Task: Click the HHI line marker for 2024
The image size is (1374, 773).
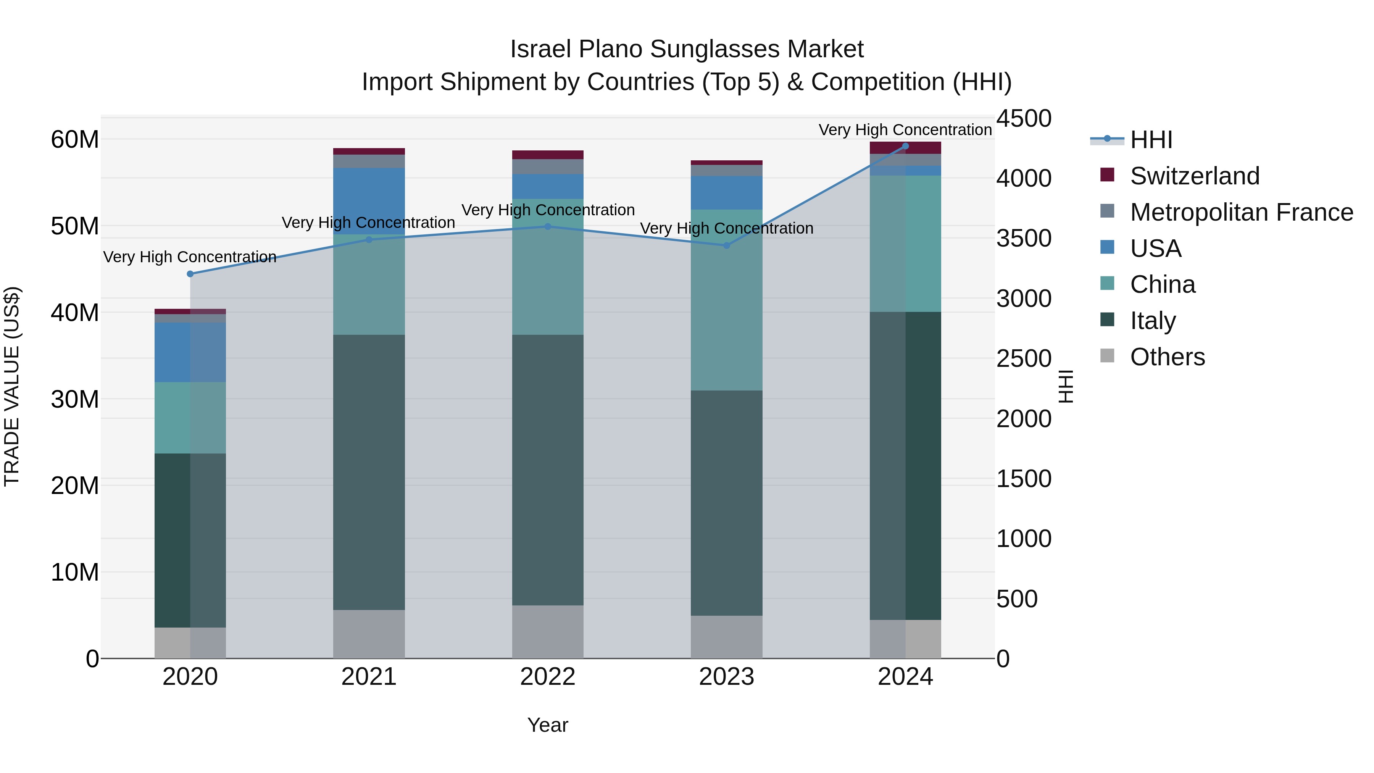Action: pyautogui.click(x=905, y=146)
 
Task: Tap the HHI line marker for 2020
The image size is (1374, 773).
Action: pyautogui.click(x=190, y=274)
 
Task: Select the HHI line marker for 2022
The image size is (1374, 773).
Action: pyautogui.click(x=547, y=226)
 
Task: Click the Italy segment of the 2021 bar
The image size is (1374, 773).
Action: pyautogui.click(x=369, y=472)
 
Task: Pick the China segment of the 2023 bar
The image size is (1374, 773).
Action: pyautogui.click(x=726, y=300)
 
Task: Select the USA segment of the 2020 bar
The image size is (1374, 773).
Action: pyautogui.click(x=190, y=352)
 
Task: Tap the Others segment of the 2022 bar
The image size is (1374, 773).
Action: pyautogui.click(x=547, y=632)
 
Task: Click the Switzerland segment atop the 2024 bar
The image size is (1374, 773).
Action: pyautogui.click(x=905, y=148)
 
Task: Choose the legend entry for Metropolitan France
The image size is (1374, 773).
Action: pyautogui.click(x=1241, y=212)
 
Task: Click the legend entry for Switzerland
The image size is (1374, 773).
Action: pyautogui.click(x=1194, y=176)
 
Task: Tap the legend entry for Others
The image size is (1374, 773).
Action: pyautogui.click(x=1167, y=357)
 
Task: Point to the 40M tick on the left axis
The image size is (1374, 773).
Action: pyautogui.click(x=75, y=313)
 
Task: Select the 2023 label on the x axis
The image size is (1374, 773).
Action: pyautogui.click(x=726, y=677)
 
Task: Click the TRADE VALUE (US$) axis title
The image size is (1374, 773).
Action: pyautogui.click(x=12, y=386)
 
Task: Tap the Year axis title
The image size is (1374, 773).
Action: pyautogui.click(x=547, y=725)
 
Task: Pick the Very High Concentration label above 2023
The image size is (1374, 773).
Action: pyautogui.click(x=726, y=228)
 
